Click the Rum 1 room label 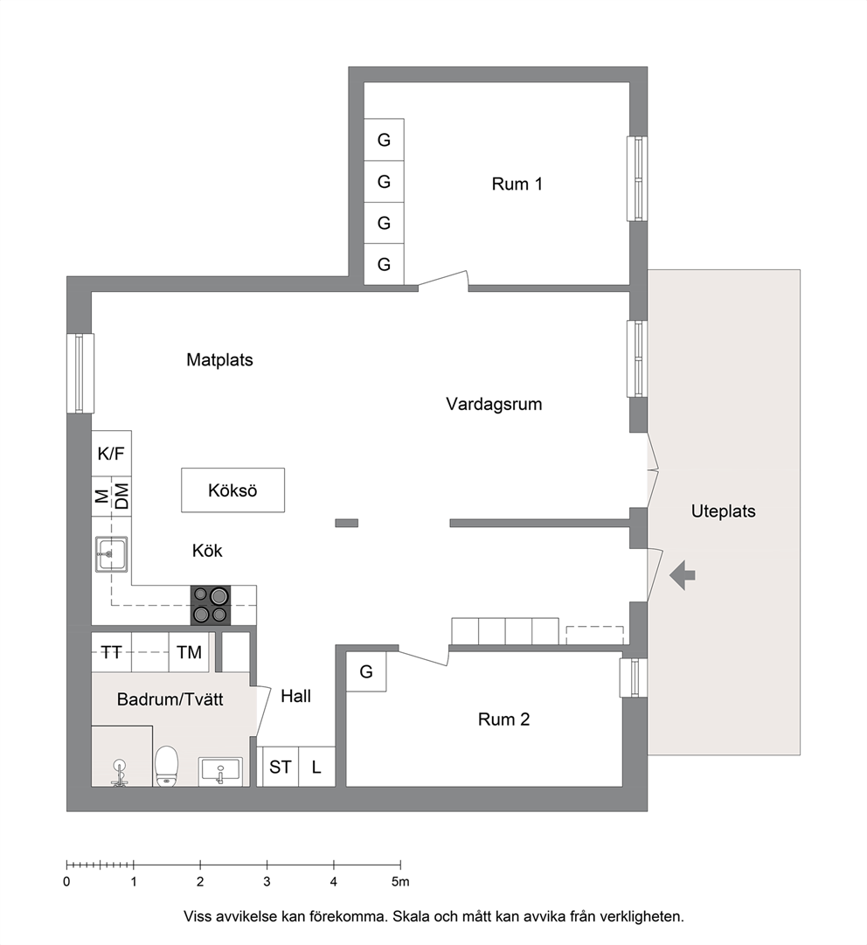point(517,184)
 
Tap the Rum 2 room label point(503,719)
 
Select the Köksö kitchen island point(232,490)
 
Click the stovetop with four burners point(211,604)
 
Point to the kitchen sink point(111,554)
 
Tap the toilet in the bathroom point(166,766)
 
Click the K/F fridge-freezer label point(111,453)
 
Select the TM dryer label point(189,652)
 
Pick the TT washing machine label point(111,652)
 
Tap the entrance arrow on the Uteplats point(682,575)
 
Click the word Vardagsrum point(494,404)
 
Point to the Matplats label point(219,360)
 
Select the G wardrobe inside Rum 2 point(365,671)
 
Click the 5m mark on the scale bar point(400,882)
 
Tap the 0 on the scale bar point(66,882)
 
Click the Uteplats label point(723,511)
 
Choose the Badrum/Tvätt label point(170,699)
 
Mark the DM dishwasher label point(121,496)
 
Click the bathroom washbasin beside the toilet point(220,771)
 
